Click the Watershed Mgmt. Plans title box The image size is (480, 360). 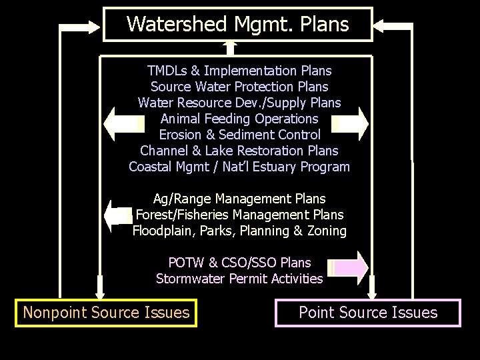tap(237, 25)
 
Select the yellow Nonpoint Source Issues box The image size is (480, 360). tap(106, 312)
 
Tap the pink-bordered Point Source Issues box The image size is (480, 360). tap(367, 312)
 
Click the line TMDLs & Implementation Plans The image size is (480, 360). tap(239, 71)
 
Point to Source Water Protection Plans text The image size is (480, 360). tap(239, 87)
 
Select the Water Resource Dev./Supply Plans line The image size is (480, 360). tap(239, 103)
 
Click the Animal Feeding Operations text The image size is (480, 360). tap(239, 119)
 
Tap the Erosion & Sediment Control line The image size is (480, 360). tap(239, 135)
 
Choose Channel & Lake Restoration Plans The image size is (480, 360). tap(239, 151)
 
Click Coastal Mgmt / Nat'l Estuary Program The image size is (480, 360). tap(239, 167)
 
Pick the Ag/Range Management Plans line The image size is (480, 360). tap(239, 199)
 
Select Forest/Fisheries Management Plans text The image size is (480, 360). tap(239, 215)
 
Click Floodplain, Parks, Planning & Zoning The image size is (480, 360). tap(239, 231)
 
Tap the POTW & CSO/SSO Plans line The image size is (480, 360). tap(239, 263)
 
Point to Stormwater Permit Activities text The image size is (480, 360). tap(239, 279)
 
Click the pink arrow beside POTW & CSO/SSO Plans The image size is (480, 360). tap(351, 267)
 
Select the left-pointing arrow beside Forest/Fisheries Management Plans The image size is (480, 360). tap(119, 215)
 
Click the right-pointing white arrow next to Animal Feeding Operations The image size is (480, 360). tap(351, 122)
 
